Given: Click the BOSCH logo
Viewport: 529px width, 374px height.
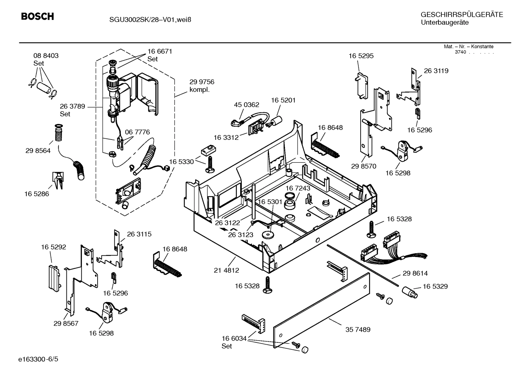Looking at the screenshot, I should pyautogui.click(x=37, y=17).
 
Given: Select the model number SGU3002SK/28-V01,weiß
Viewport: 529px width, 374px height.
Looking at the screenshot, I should pyautogui.click(x=145, y=19).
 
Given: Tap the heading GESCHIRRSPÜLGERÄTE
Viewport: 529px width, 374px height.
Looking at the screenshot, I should pyautogui.click(x=462, y=15).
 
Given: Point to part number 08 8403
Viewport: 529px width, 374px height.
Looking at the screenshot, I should pyautogui.click(x=46, y=56).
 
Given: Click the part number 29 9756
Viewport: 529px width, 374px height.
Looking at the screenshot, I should pyautogui.click(x=202, y=82).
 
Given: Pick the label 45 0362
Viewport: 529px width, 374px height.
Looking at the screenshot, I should pyautogui.click(x=247, y=105).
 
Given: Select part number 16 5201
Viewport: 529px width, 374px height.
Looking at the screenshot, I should pyautogui.click(x=283, y=100).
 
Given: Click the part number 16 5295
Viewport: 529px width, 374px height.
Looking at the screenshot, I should pyautogui.click(x=361, y=56).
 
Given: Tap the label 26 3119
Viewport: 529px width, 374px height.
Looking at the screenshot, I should pyautogui.click(x=436, y=71).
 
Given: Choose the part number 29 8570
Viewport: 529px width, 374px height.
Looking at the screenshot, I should pyautogui.click(x=364, y=166).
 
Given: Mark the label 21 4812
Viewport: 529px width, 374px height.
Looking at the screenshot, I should pyautogui.click(x=226, y=270).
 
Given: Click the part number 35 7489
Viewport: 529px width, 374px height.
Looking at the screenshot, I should pyautogui.click(x=358, y=330).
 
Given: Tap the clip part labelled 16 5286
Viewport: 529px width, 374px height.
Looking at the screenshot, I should pyautogui.click(x=58, y=180).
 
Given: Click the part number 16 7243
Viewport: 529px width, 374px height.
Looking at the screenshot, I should pyautogui.click(x=298, y=188).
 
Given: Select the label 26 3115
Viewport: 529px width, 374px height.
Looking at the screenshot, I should pyautogui.click(x=139, y=234).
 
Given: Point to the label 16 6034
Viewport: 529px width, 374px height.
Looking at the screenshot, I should pyautogui.click(x=234, y=338).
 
